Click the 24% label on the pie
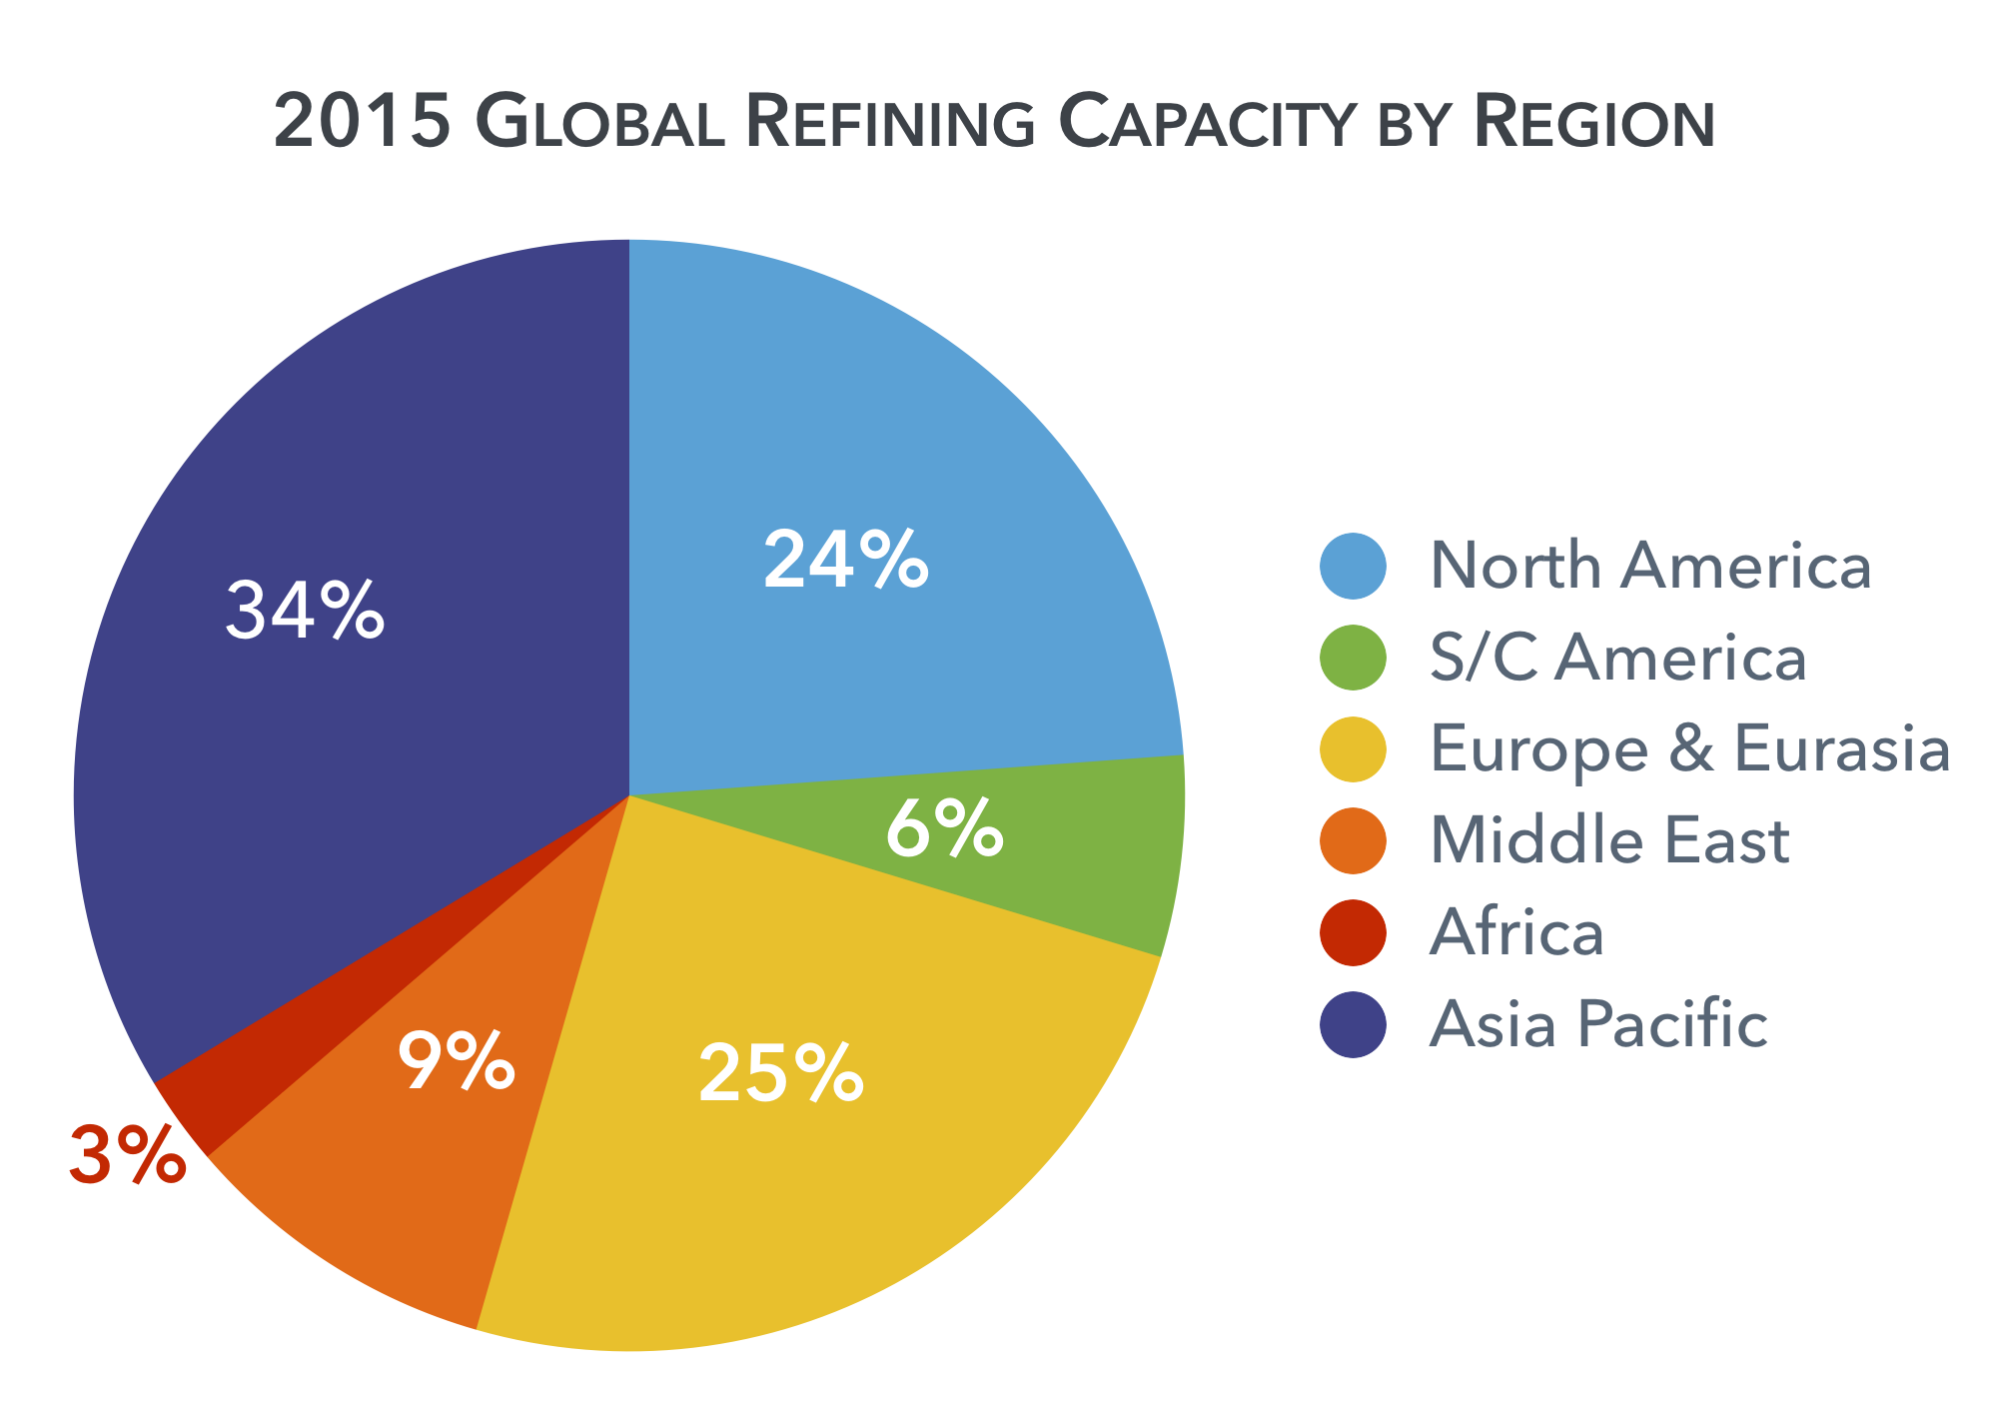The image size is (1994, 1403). click(x=846, y=561)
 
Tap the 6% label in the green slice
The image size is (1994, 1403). click(x=944, y=827)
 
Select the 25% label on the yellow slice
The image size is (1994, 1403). click(x=780, y=1073)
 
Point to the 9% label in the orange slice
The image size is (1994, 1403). click(x=456, y=1061)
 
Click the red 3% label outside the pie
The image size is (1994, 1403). click(x=127, y=1155)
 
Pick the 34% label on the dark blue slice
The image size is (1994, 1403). click(x=304, y=610)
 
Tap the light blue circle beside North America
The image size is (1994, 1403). click(x=1353, y=566)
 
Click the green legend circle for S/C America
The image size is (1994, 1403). click(x=1353, y=658)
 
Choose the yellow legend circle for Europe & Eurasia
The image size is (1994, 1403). click(x=1353, y=748)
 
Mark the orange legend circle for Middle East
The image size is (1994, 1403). click(x=1353, y=840)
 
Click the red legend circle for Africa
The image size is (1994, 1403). click(x=1353, y=932)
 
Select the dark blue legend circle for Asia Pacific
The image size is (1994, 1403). click(x=1353, y=1023)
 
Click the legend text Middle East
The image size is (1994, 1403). click(x=1608, y=840)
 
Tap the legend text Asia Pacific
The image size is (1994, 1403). click(x=1598, y=1024)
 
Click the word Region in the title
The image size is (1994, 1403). click(x=1593, y=123)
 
